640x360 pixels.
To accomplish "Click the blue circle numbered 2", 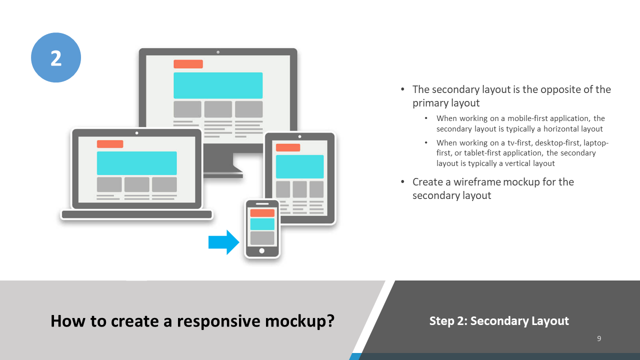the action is (56, 57).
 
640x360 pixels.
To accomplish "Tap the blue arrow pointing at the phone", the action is (224, 242).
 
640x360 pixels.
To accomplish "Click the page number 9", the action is (599, 338).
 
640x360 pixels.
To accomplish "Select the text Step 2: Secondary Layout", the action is (499, 321).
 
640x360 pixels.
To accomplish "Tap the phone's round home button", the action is (262, 251).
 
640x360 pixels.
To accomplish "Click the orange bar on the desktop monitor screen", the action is (188, 64).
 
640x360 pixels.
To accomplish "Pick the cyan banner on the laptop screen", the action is (136, 163).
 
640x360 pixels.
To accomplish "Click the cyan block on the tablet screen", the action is (299, 166).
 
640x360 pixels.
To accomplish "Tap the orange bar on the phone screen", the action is (262, 213).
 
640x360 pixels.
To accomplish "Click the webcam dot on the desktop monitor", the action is (218, 52).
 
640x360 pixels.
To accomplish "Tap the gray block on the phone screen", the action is (262, 238).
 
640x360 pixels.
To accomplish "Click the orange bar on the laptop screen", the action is (110, 144).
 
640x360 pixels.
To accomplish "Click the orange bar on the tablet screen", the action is (288, 147).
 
